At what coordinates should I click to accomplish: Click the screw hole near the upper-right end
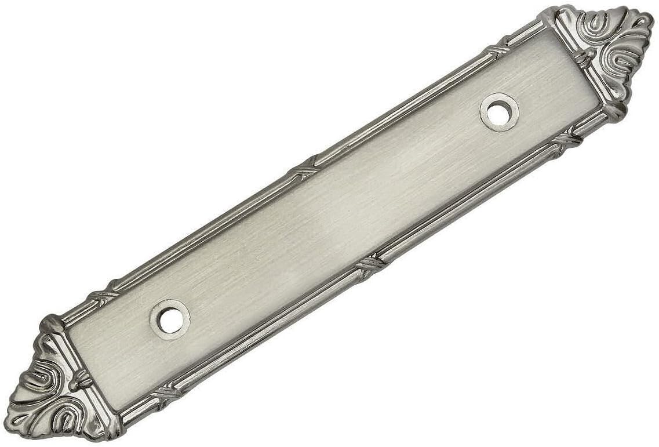pyautogui.click(x=499, y=112)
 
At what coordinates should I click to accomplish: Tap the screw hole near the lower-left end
pyautogui.click(x=170, y=320)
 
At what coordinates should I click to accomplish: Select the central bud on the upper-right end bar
pyautogui.click(x=585, y=57)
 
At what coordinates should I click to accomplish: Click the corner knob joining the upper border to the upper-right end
pyautogui.click(x=548, y=16)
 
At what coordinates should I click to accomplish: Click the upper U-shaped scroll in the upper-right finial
pyautogui.click(x=597, y=23)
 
